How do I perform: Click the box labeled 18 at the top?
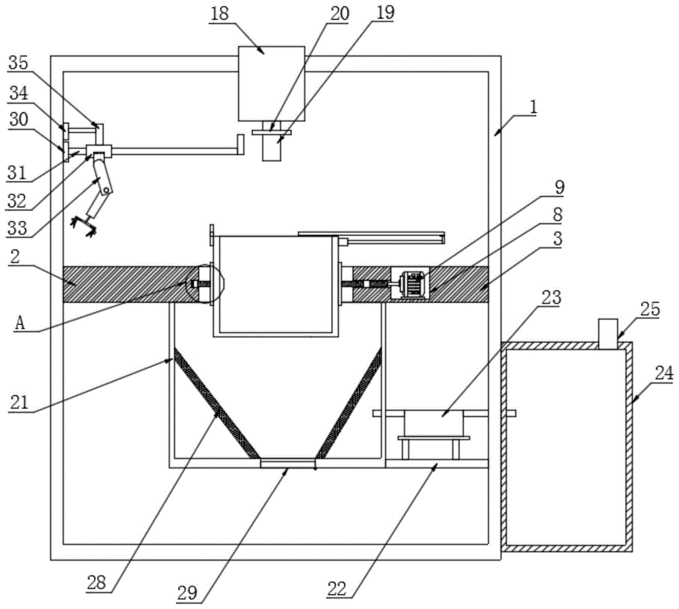271,83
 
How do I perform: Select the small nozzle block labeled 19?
272,149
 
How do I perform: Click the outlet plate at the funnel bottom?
288,463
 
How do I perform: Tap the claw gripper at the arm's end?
85,223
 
